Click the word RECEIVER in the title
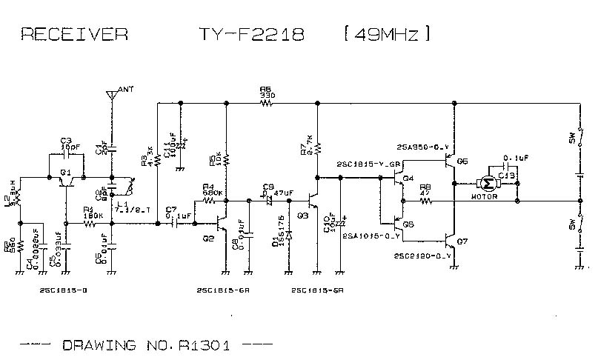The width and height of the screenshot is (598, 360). coord(73,34)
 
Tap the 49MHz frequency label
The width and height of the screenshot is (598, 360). coord(386,34)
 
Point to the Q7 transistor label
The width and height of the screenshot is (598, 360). coord(462,241)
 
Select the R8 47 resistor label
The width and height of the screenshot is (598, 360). coord(425,190)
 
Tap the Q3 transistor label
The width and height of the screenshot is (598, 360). coord(302,216)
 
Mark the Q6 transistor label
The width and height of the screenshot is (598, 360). coord(462,161)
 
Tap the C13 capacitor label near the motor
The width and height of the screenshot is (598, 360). coord(506,175)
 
